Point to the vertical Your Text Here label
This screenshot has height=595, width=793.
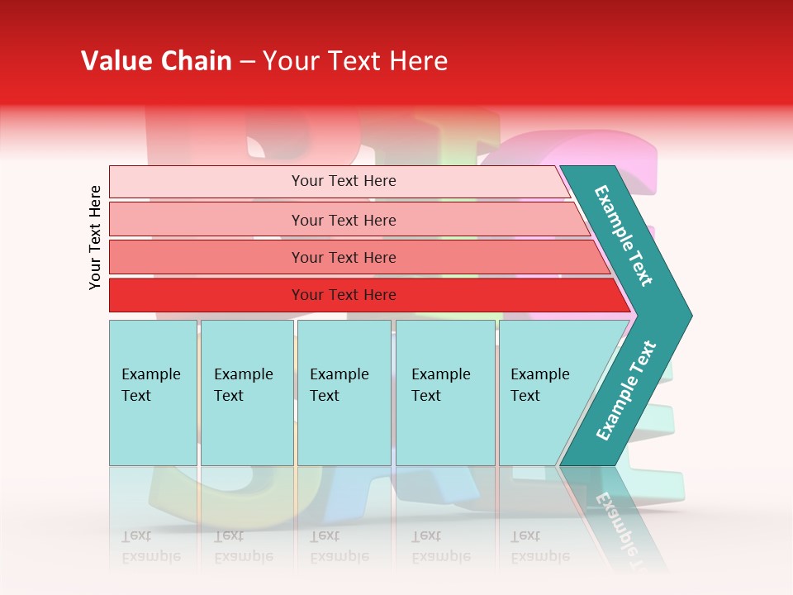(95, 237)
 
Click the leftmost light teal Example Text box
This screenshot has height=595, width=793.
(153, 393)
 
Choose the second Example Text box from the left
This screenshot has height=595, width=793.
(246, 393)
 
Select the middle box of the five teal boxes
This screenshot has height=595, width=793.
(344, 393)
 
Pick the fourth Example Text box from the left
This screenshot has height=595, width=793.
(445, 393)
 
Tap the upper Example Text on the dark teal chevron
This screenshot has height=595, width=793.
(624, 236)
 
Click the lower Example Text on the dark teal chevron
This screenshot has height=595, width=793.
(625, 391)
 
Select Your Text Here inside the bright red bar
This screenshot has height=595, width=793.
(344, 295)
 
